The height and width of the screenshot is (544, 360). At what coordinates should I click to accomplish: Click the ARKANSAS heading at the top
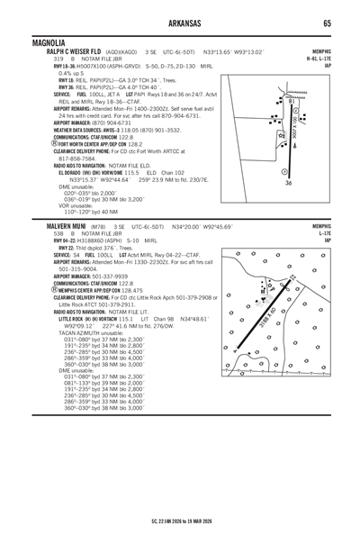coord(179,23)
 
